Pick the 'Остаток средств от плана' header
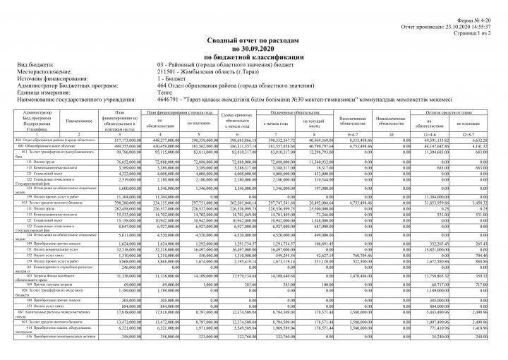coord(454,112)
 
